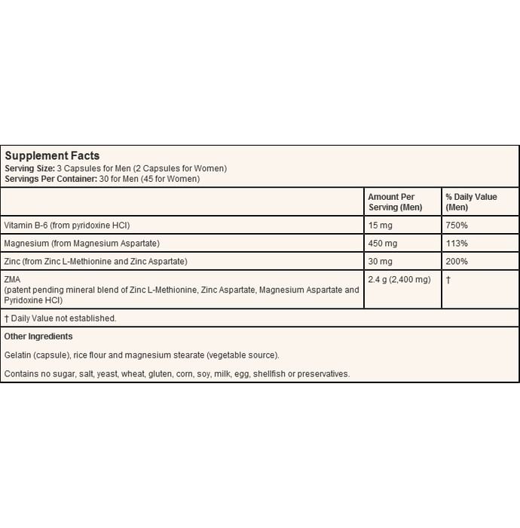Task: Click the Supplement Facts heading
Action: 52,156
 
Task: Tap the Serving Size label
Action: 29,168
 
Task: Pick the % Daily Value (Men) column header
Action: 471,202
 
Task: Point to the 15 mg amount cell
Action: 380,226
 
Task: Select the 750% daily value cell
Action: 457,226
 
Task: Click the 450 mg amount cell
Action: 382,244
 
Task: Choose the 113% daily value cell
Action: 457,244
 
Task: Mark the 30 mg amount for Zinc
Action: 380,262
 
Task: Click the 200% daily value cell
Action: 457,262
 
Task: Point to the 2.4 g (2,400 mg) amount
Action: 399,280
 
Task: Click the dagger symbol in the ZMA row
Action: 448,280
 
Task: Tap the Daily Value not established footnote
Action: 60,318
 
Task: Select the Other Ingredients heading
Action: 38,336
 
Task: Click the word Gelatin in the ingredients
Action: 18,355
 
